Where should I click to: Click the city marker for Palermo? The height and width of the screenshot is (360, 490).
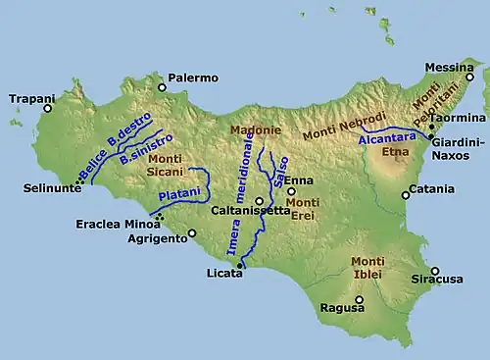tap(163, 87)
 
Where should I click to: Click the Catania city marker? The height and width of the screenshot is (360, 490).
tap(405, 195)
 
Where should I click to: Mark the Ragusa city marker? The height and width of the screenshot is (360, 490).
tap(359, 299)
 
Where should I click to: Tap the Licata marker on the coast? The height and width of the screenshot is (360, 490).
tap(239, 265)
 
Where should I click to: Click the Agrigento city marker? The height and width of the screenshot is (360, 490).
tap(192, 232)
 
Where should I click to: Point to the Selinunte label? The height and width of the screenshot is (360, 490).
tap(53, 188)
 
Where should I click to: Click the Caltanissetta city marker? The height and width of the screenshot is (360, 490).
tap(259, 200)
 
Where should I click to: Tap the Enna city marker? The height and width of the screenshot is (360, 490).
tap(291, 191)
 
